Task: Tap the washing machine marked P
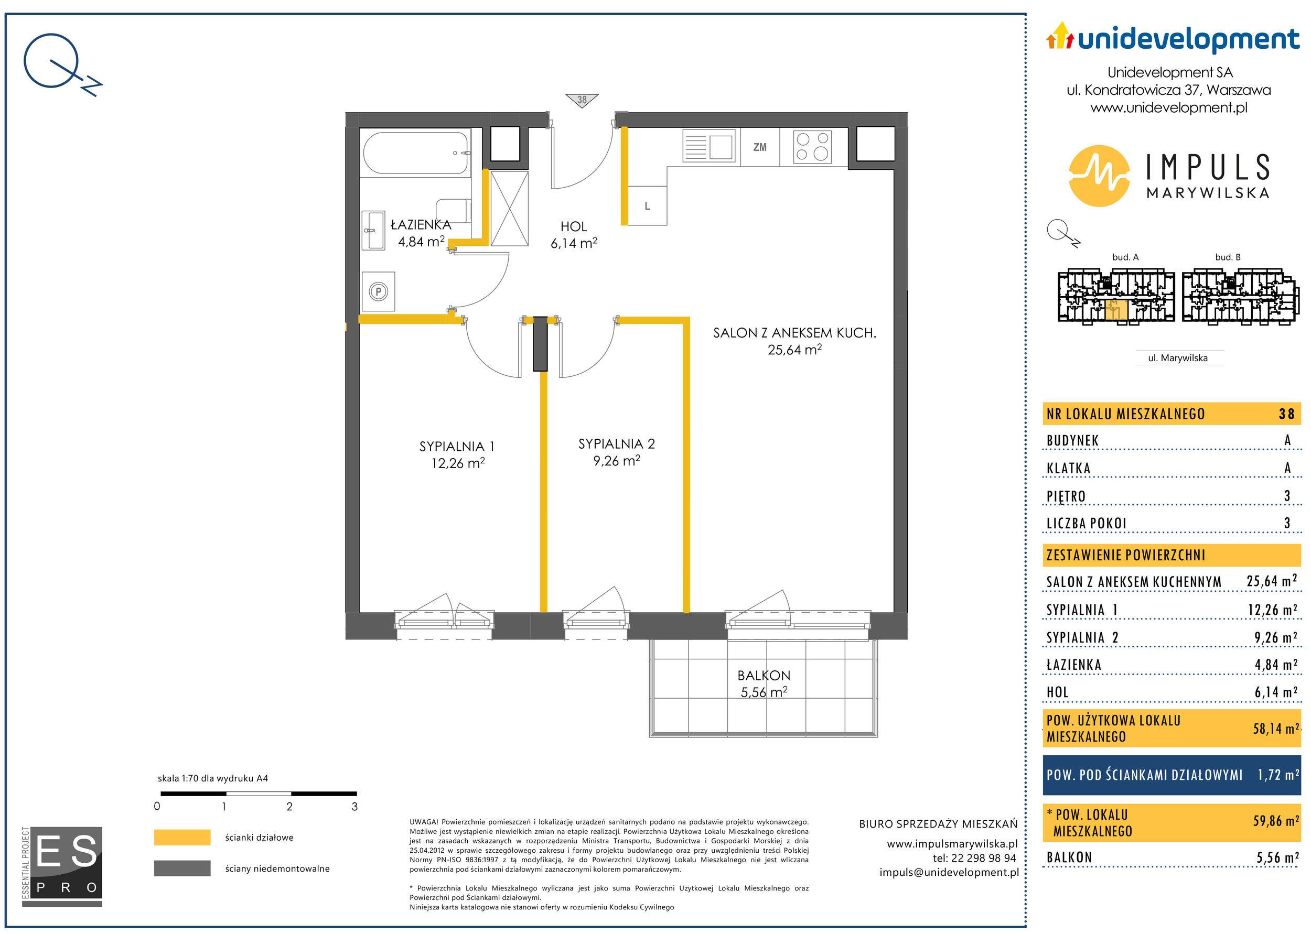coord(379,291)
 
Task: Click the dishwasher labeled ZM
coord(759,147)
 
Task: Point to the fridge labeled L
coord(647,206)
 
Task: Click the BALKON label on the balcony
coord(764,675)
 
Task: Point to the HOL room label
coord(574,226)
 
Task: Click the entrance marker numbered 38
coord(582,100)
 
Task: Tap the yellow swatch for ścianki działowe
coord(182,838)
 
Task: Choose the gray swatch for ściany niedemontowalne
coord(182,868)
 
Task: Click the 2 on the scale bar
coord(289,806)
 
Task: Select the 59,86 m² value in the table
coord(1276,821)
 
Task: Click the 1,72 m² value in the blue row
coord(1278,775)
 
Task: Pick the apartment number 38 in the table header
coord(1287,414)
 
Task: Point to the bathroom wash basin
coord(374,230)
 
